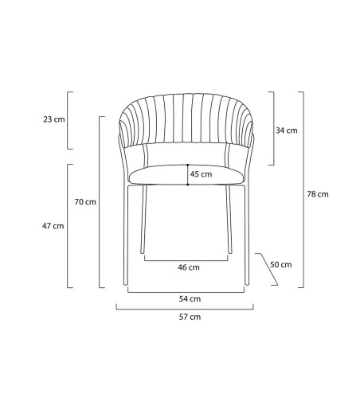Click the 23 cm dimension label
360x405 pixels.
[x=54, y=119]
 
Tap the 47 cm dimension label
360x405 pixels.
[x=53, y=226]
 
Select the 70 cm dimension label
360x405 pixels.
[x=85, y=202]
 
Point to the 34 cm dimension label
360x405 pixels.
[x=287, y=130]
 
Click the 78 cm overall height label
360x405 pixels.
[x=318, y=194]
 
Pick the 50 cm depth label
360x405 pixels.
[x=281, y=264]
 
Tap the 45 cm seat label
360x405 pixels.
[x=201, y=174]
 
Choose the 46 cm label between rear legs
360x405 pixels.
[x=189, y=267]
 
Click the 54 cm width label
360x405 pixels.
[x=190, y=299]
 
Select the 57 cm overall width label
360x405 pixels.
[x=190, y=317]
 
